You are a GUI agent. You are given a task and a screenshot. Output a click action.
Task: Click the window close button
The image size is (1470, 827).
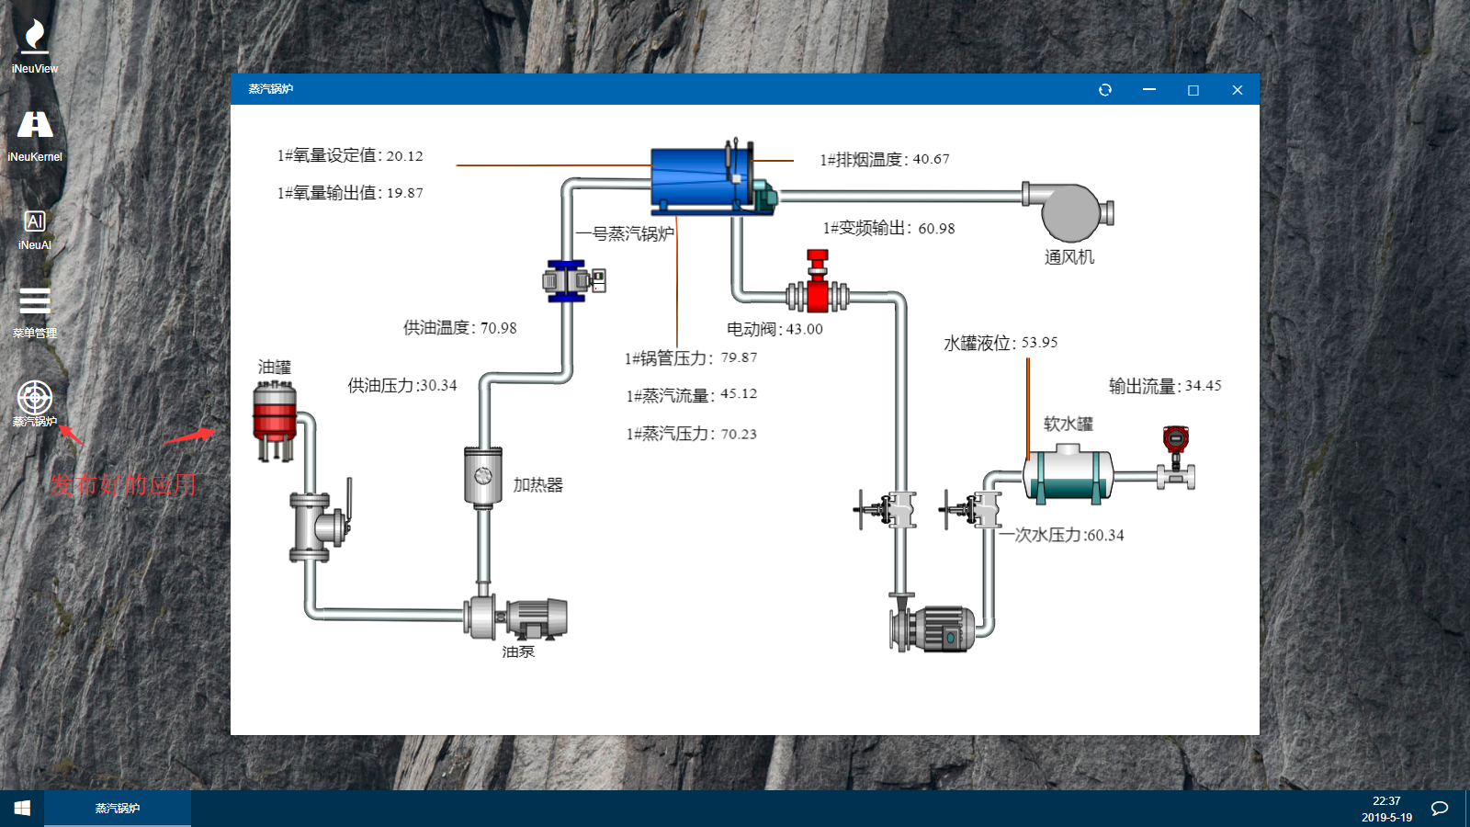1237,90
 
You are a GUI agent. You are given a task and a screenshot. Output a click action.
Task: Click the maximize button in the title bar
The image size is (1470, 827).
1193,90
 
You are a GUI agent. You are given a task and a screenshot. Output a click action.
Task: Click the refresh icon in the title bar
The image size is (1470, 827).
1105,90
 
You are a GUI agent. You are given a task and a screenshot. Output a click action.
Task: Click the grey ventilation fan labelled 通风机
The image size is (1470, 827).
1069,211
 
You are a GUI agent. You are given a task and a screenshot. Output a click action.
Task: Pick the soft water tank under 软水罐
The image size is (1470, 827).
1068,474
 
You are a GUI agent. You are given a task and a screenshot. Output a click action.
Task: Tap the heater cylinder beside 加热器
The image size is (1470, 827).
482,475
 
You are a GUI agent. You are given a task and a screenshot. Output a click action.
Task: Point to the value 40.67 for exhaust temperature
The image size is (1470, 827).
931,159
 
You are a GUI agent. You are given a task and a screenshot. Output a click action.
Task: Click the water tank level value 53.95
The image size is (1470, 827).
1039,343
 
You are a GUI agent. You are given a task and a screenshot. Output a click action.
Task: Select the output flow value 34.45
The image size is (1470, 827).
1203,386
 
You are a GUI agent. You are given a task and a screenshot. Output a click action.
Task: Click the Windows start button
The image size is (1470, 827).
22,808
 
